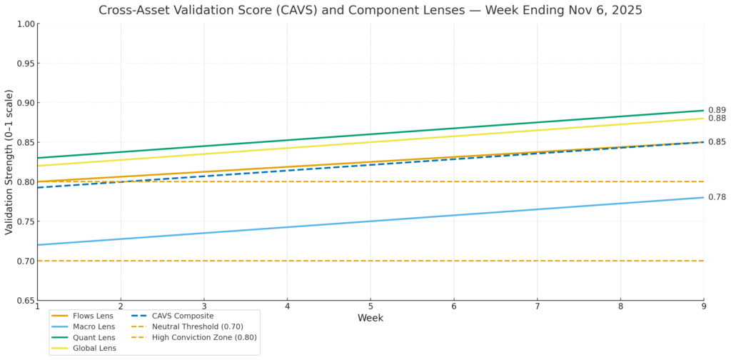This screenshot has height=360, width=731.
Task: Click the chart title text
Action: (x=370, y=10)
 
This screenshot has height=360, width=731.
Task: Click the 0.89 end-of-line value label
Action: (x=717, y=110)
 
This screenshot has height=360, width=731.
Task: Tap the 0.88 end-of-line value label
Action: (x=717, y=119)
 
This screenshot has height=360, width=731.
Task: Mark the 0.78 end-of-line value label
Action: (x=717, y=197)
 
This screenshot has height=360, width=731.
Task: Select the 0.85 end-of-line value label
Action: (x=717, y=142)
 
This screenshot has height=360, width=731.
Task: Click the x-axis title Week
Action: (x=370, y=318)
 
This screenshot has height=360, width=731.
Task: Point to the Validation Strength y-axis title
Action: (x=9, y=162)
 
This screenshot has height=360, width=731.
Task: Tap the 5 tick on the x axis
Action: (x=370, y=306)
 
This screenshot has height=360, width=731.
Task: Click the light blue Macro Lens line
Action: (x=370, y=221)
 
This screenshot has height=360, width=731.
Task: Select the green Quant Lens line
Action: (x=370, y=134)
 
